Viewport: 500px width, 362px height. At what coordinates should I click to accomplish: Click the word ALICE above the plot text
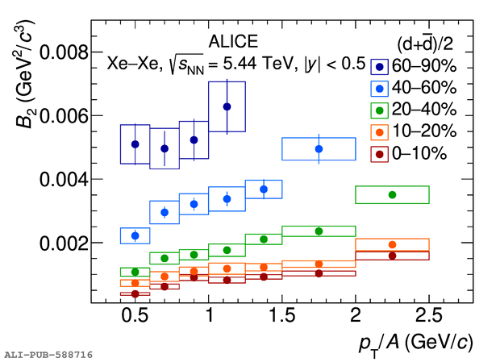pyautogui.click(x=233, y=42)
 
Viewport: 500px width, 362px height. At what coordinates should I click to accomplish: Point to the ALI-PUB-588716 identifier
pyautogui.click(x=48, y=354)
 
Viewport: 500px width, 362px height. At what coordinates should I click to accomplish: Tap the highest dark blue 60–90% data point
pyautogui.click(x=227, y=106)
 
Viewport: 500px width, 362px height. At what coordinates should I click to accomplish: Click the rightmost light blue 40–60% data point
pyautogui.click(x=319, y=149)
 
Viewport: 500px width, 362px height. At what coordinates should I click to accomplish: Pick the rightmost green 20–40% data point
pyautogui.click(x=392, y=194)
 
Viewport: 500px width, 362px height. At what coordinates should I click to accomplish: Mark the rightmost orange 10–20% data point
pyautogui.click(x=392, y=244)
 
